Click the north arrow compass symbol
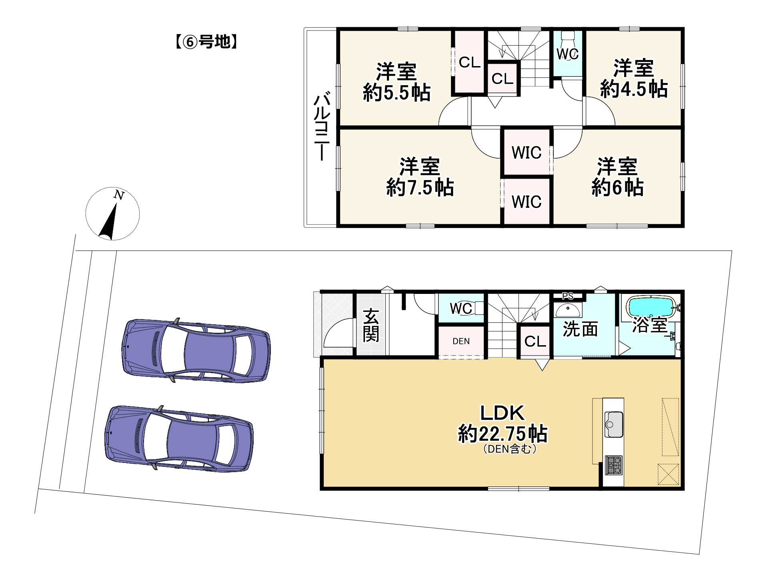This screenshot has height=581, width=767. (112, 213)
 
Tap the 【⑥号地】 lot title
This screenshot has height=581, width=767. (206, 42)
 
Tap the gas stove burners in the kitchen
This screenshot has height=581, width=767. (613, 465)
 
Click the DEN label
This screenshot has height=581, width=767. (461, 341)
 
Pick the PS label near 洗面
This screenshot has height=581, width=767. (568, 296)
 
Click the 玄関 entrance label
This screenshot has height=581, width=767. (371, 325)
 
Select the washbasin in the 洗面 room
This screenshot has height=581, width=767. (568, 310)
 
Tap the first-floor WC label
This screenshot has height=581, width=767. (461, 308)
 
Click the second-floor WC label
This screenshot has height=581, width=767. (567, 54)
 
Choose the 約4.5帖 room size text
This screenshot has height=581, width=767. (634, 89)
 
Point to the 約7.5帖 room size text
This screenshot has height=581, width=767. (420, 187)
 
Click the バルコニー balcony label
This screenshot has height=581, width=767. (322, 127)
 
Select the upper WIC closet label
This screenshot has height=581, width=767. (527, 153)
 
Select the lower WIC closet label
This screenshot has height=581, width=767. (527, 202)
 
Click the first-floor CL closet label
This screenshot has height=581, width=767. (535, 342)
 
